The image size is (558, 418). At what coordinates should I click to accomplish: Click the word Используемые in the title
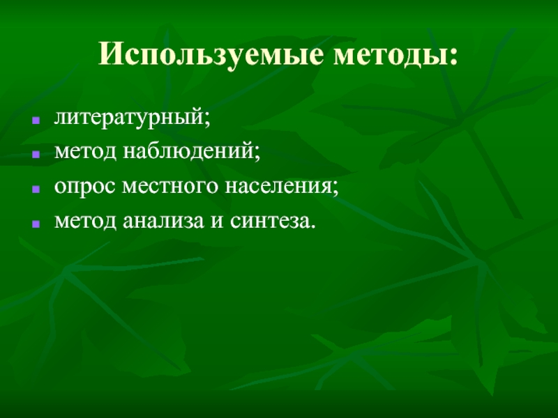click(x=213, y=54)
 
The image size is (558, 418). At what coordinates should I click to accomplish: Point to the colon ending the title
click(x=455, y=56)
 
